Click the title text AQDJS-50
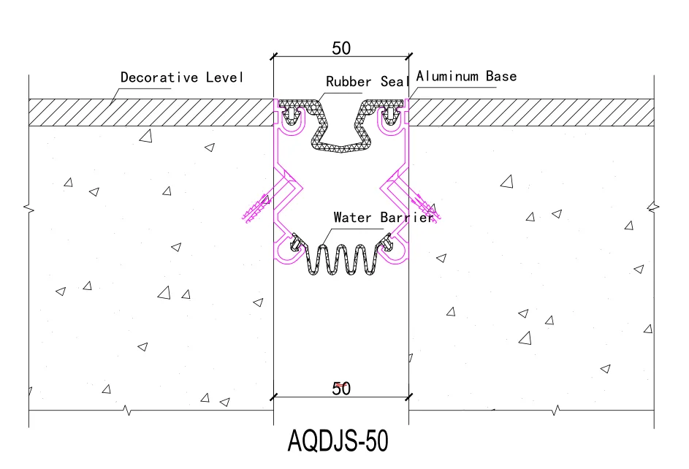coord(338,441)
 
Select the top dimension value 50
coord(341,48)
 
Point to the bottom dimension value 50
coord(341,389)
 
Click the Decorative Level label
coord(182,77)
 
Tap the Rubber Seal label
coord(368,82)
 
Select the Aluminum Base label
coord(466,77)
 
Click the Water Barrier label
coord(384,218)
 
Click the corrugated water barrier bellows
coord(340,259)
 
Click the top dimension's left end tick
coord(274,56)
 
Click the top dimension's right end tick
coord(408,56)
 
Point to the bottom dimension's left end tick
coord(274,397)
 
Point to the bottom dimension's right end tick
coord(408,397)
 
